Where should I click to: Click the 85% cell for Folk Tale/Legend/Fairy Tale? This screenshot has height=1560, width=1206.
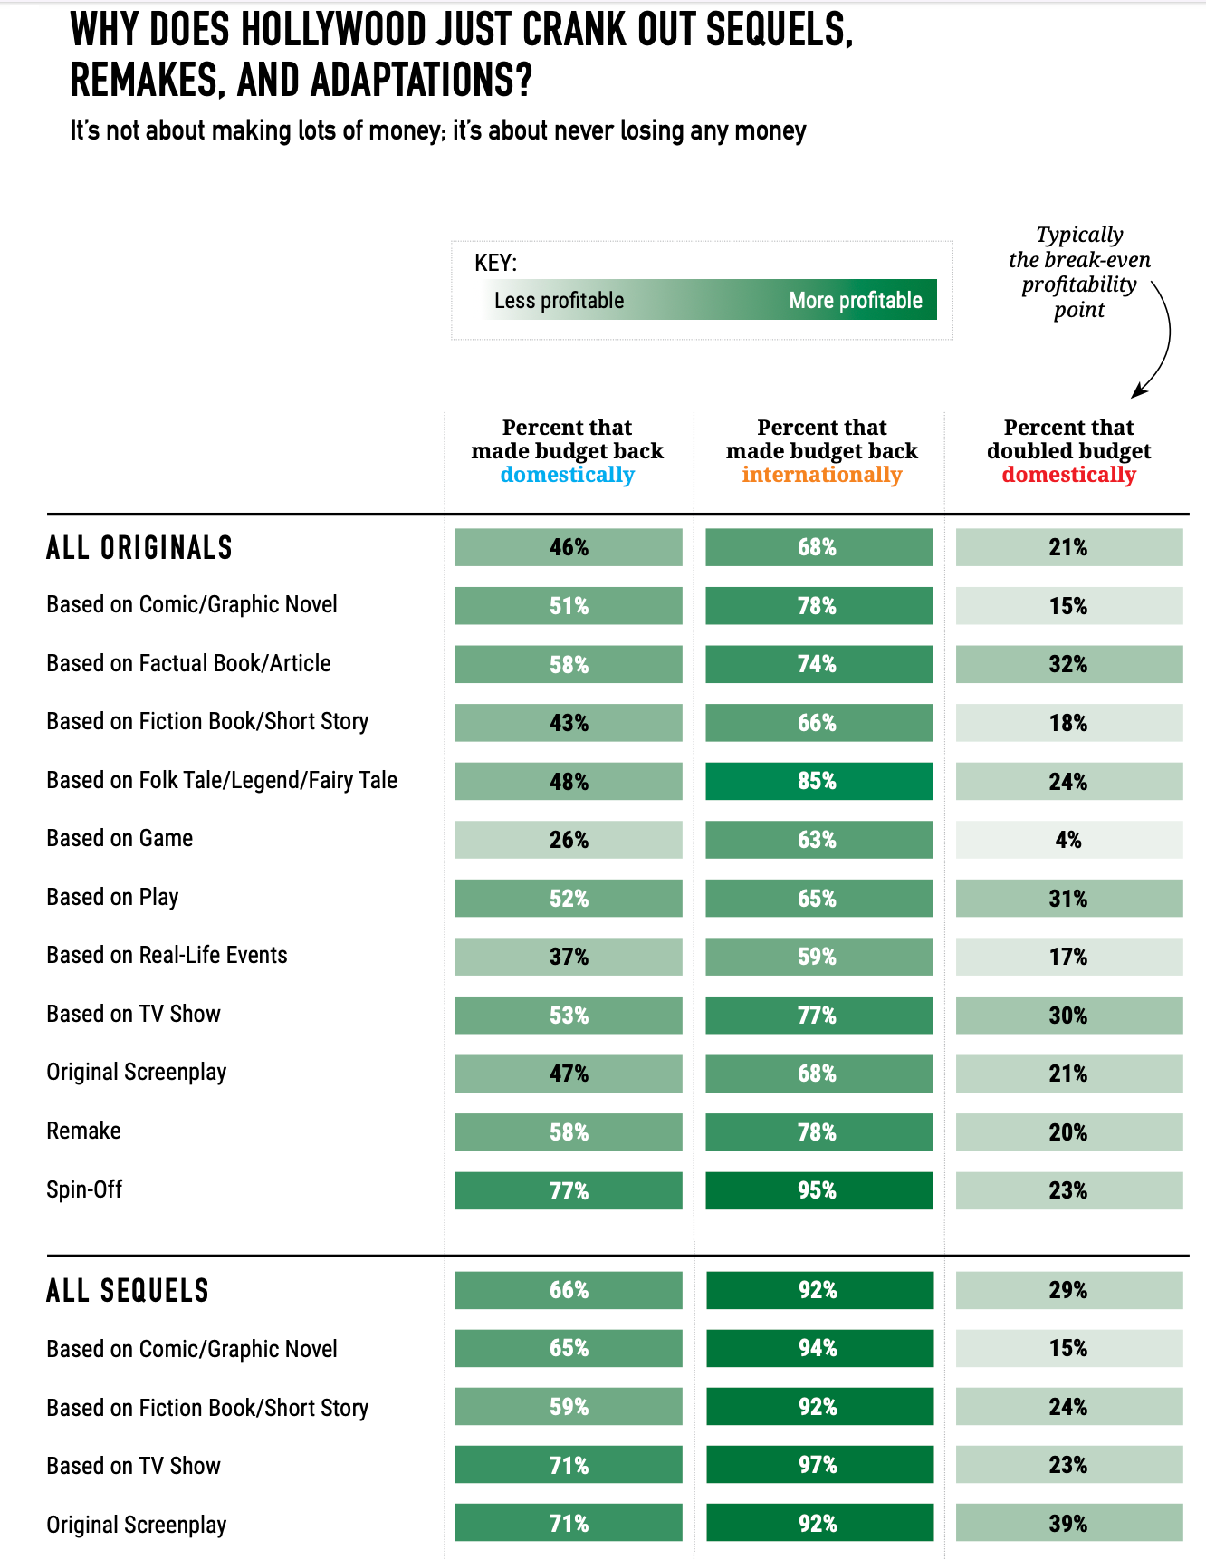coord(818,781)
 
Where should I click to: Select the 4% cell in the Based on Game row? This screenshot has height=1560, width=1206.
coord(1069,840)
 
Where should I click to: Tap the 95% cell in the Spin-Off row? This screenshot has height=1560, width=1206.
coord(818,1190)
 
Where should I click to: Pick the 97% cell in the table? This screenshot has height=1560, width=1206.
coord(818,1465)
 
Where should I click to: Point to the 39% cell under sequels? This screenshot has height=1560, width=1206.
coord(1069,1523)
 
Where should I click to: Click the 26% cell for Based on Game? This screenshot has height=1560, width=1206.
coord(569,840)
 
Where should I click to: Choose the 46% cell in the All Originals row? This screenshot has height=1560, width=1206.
coord(569,547)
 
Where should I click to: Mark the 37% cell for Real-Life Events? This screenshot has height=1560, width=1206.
coord(569,957)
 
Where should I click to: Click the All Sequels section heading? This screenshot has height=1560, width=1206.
coord(128,1290)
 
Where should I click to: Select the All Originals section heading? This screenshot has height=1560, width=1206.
coord(139,547)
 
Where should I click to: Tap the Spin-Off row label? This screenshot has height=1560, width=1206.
coord(84,1189)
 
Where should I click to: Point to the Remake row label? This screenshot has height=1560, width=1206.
coord(83,1131)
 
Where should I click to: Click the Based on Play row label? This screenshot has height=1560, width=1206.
coord(112,897)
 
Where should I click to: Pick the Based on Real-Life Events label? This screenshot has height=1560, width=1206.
coord(167,955)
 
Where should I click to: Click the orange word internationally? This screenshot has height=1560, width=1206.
coord(822,475)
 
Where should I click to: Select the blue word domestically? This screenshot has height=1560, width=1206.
coord(568,475)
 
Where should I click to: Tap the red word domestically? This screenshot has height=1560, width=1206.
coord(1069,475)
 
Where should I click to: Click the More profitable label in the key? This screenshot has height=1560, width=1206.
coord(856,300)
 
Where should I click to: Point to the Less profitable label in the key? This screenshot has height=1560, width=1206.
coord(559,300)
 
